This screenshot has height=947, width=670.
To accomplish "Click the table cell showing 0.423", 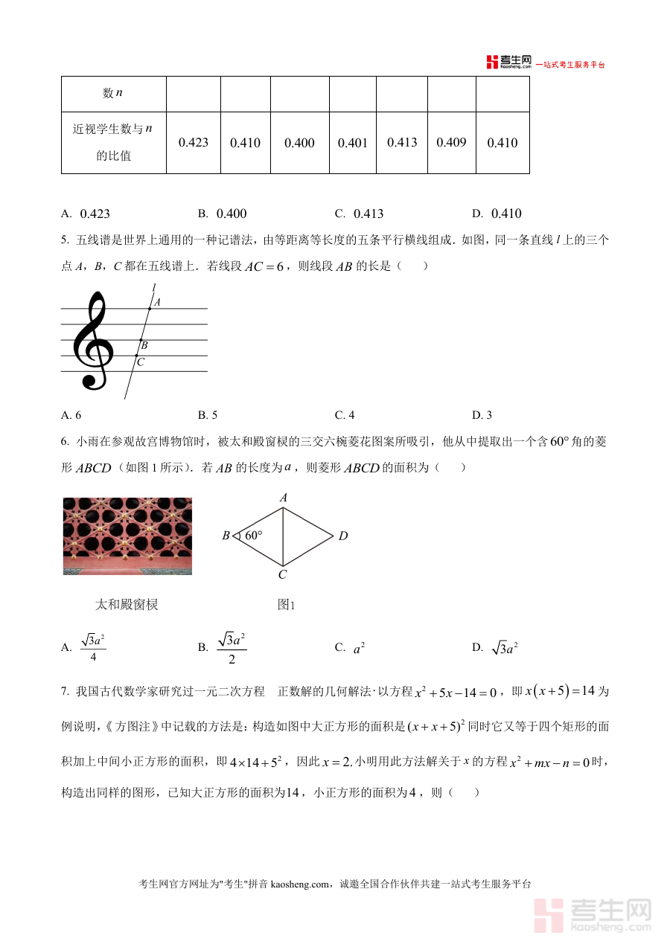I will coord(194,143).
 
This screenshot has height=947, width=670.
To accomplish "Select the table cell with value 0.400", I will coord(299,143).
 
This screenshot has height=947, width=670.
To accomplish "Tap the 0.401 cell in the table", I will coord(353,143).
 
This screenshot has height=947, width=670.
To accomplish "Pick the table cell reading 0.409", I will coord(451,142).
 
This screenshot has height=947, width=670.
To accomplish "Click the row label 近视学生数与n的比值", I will coord(113,142).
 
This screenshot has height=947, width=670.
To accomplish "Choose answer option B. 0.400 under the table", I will coord(223,214).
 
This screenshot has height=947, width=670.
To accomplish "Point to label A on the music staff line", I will coord(158,302).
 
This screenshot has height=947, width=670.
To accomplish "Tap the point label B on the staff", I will coord(144,345).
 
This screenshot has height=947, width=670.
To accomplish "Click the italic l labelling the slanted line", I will coord(154,287).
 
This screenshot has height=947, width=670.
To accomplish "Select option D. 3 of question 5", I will coord(482,415).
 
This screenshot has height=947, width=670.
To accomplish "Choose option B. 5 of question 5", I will coord(208,415).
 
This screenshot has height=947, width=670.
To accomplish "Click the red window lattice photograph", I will coord(127,536).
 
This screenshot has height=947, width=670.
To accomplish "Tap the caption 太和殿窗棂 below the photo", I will coord(127,604).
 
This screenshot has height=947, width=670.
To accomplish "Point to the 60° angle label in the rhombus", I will coord(254,536).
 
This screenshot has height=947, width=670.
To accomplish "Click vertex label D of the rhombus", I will coord(343,536).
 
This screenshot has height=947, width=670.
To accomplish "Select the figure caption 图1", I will coord(287,605).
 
